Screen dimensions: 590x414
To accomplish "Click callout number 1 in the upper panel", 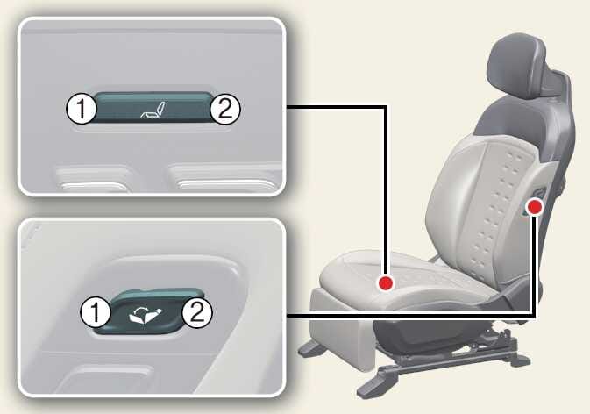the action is tap(82, 109).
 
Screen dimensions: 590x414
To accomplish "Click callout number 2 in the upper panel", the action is tap(224, 109).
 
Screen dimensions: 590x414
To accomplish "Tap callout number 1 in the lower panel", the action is tap(96, 313).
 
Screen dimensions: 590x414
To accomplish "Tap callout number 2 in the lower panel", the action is tap(197, 312).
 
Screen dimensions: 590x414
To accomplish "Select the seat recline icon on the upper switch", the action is tap(153, 109).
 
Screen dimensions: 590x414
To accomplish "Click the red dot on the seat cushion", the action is tap(386, 283).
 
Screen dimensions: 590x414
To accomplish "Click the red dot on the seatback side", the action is tap(535, 207).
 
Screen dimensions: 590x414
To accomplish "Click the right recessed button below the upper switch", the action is tap(226, 178).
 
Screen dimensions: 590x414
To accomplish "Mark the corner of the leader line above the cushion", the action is tap(386, 107).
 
